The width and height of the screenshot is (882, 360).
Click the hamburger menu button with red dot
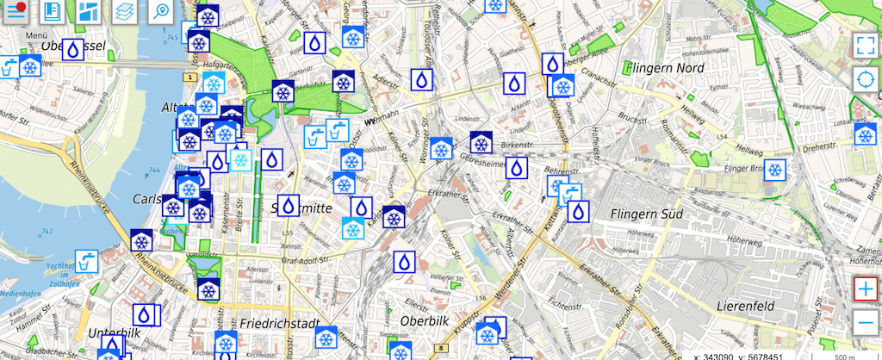point(16,11)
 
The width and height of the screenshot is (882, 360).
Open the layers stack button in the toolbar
point(125,11)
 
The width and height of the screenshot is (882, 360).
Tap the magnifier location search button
point(161,11)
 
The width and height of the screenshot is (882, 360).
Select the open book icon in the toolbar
point(52,11)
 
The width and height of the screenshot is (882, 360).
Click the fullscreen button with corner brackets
point(864,47)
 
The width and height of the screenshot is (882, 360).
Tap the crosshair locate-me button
point(864,81)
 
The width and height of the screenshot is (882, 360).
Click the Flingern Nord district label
point(667,67)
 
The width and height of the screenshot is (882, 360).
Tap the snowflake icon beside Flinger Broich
point(775,170)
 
